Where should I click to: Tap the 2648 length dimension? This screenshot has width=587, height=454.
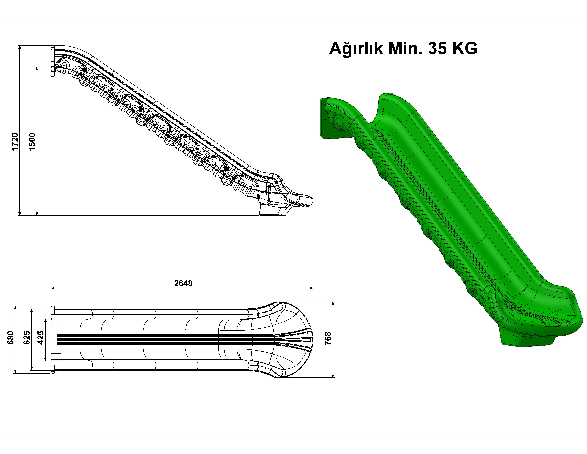[183, 283]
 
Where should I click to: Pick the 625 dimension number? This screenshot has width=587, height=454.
[27, 338]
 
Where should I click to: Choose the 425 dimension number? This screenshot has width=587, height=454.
[41, 338]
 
